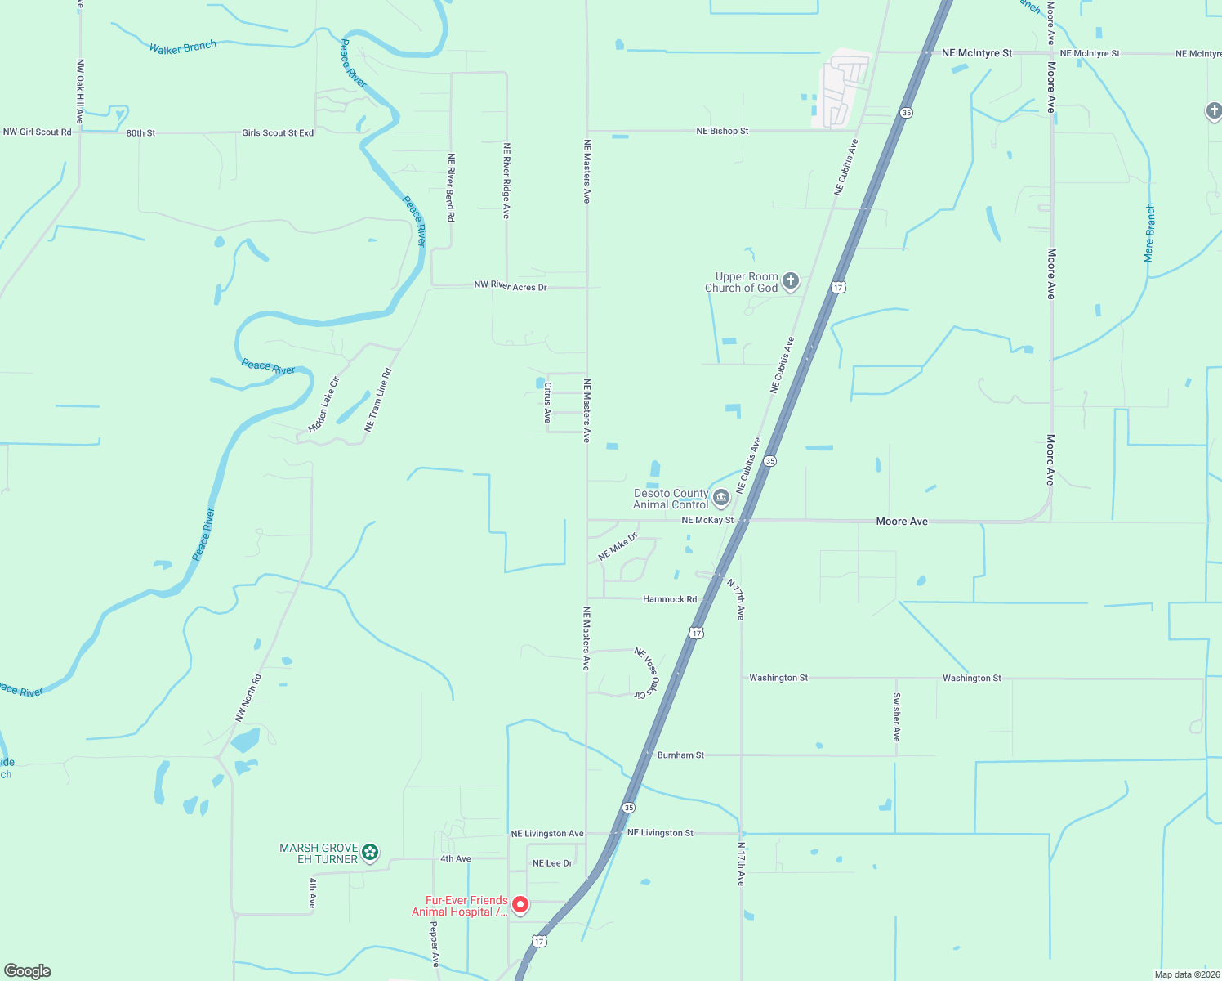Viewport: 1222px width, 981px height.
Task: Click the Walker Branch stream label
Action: pyautogui.click(x=183, y=47)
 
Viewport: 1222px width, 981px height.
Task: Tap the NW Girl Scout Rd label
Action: pyautogui.click(x=38, y=132)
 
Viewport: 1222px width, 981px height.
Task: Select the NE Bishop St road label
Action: pyautogui.click(x=722, y=131)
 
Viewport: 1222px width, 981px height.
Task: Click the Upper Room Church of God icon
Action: pyautogui.click(x=790, y=281)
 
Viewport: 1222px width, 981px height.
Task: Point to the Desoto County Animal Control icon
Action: pyautogui.click(x=720, y=497)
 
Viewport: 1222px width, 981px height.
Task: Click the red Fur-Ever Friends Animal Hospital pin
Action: pyautogui.click(x=520, y=904)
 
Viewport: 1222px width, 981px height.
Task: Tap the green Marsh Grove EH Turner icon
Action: pyautogui.click(x=370, y=853)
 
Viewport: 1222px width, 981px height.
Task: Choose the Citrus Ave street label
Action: pyautogui.click(x=548, y=402)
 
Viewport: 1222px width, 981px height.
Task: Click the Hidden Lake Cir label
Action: pyautogui.click(x=323, y=405)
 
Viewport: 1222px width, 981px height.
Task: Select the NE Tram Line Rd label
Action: pyautogui.click(x=378, y=400)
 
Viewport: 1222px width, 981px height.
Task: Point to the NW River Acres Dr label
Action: pyautogui.click(x=511, y=286)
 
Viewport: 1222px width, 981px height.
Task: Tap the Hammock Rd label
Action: pyautogui.click(x=670, y=599)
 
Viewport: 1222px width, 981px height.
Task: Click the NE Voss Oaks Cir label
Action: pyautogui.click(x=646, y=672)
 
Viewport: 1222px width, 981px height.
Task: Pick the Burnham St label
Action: pyautogui.click(x=680, y=755)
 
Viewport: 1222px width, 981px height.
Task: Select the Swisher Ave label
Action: pyautogui.click(x=896, y=717)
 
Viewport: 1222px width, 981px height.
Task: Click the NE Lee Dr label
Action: pyautogui.click(x=552, y=863)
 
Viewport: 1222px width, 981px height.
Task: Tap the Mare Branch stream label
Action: pyautogui.click(x=1149, y=232)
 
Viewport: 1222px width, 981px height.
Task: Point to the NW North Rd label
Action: pyautogui.click(x=248, y=697)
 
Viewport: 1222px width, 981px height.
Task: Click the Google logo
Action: pyautogui.click(x=28, y=971)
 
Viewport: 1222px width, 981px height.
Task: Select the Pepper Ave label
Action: pyautogui.click(x=435, y=944)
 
